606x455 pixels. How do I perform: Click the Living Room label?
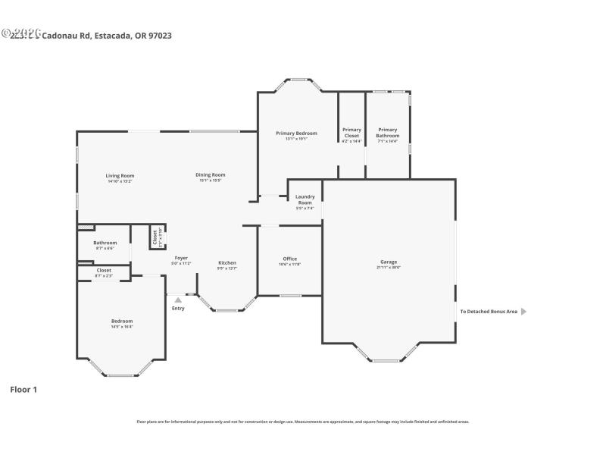coord(120,175)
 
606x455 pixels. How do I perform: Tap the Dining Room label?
coord(211,174)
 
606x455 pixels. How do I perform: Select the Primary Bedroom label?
coord(296,133)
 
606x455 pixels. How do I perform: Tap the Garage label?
coord(389,262)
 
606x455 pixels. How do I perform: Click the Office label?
coord(289,259)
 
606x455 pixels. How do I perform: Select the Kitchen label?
coord(227,262)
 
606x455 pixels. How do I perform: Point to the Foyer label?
coord(181,258)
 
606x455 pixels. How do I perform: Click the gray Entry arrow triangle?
coord(178,300)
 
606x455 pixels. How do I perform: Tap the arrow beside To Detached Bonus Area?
coord(523,311)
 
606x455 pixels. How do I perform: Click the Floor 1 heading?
coord(23,390)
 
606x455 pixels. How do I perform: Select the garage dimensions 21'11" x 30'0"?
coord(389,268)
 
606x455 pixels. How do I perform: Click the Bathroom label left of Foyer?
coord(105,243)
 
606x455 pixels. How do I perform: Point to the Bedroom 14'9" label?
coord(122,321)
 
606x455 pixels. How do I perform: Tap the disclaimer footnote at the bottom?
coord(302,422)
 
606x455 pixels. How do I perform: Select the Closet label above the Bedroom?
coord(104,270)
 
